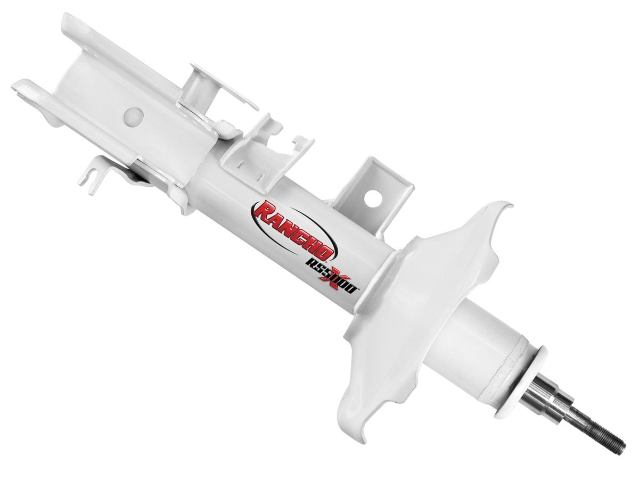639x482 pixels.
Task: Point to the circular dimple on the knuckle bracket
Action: coord(134,117)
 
